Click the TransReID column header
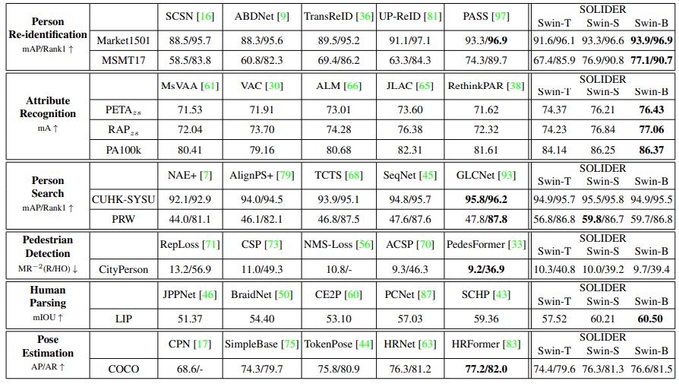pyautogui.click(x=337, y=16)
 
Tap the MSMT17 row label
pyautogui.click(x=123, y=59)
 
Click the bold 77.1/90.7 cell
pyautogui.click(x=651, y=59)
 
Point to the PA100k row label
pyautogui.click(x=123, y=150)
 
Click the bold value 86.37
pyautogui.click(x=651, y=150)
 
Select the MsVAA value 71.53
pyautogui.click(x=190, y=110)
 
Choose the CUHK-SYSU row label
pyautogui.click(x=123, y=200)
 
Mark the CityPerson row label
pyautogui.click(x=123, y=268)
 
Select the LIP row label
pyautogui.click(x=123, y=319)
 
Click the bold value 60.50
pyautogui.click(x=651, y=319)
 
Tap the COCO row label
pyautogui.click(x=123, y=369)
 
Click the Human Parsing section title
pyautogui.click(x=48, y=297)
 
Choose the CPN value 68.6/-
pyautogui.click(x=190, y=369)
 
